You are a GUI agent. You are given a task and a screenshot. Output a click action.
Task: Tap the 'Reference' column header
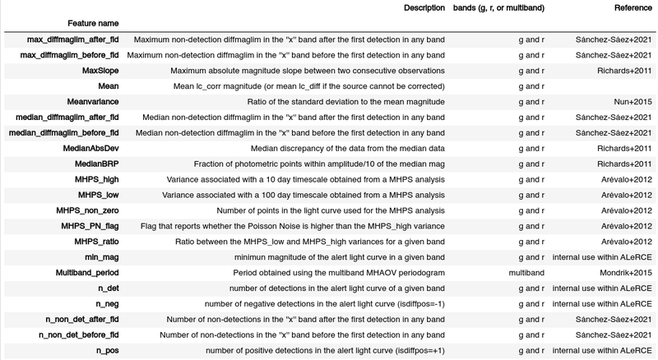pyautogui.click(x=633, y=7)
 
